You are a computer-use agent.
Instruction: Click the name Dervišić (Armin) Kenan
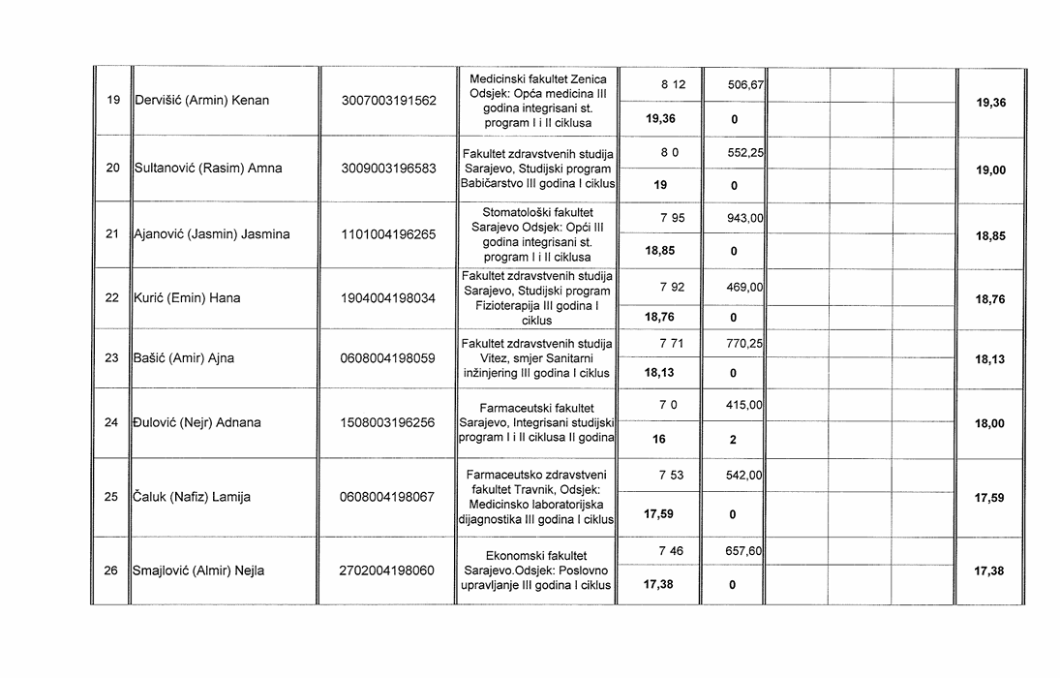(200, 101)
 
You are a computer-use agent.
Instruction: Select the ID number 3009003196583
(388, 169)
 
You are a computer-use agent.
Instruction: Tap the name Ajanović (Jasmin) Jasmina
(211, 234)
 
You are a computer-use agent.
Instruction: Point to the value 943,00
(745, 219)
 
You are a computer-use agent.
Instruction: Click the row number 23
(112, 358)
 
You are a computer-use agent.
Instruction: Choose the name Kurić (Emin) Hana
(186, 298)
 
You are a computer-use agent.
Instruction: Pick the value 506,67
(746, 85)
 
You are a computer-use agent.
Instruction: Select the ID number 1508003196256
(388, 423)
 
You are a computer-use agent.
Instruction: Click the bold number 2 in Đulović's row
(733, 440)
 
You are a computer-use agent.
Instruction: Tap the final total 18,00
(989, 424)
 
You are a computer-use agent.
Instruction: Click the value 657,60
(745, 551)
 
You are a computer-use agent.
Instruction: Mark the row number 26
(112, 571)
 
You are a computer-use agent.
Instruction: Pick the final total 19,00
(989, 170)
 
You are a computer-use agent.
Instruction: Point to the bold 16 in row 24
(659, 440)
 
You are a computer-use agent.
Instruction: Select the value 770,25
(745, 343)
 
